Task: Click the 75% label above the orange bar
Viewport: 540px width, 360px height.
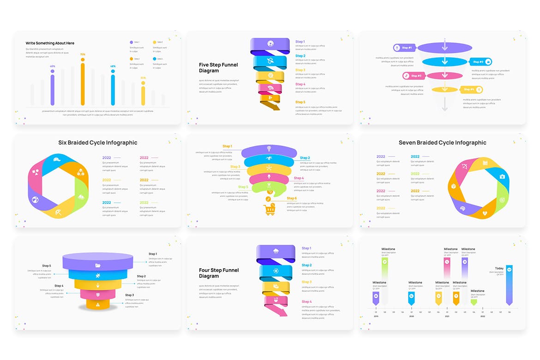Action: pos(83,54)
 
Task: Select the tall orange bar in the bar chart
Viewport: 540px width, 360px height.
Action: pos(83,84)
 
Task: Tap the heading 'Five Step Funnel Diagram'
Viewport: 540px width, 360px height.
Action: pos(218,68)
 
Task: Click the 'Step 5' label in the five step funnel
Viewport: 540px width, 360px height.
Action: pos(300,102)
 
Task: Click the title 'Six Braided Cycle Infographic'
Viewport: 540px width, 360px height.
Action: pos(98,143)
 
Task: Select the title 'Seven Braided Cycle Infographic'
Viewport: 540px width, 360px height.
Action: pos(442,143)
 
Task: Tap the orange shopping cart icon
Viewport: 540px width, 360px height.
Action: pos(269,210)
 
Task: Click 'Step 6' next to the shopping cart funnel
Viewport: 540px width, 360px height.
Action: pos(292,198)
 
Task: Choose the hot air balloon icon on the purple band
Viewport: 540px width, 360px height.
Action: pos(269,149)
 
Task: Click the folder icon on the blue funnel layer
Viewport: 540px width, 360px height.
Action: pos(97,265)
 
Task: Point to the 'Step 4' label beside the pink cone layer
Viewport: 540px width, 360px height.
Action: pos(59,286)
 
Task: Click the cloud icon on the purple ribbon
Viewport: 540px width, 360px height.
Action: pos(276,251)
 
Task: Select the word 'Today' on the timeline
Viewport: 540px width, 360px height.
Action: pos(499,268)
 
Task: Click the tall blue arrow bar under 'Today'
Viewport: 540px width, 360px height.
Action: pos(509,284)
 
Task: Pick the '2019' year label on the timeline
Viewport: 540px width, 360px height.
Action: pos(376,316)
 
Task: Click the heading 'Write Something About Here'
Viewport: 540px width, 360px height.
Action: pos(50,43)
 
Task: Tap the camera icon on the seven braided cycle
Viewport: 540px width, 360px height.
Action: pos(502,177)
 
